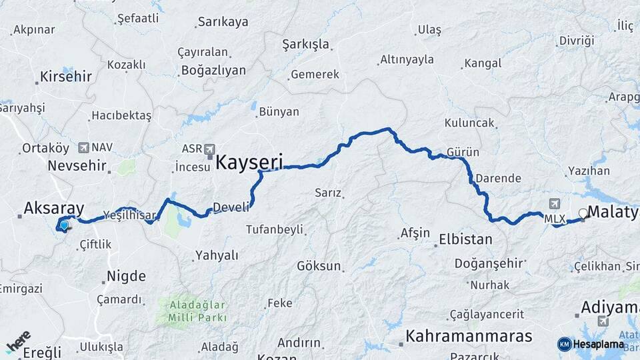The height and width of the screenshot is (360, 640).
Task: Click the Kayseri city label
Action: point(249,161)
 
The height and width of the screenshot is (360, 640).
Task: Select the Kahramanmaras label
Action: point(469,335)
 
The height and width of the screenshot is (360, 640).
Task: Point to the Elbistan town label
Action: point(465,239)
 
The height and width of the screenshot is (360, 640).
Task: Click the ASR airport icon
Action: point(210,149)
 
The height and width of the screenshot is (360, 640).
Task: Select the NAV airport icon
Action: point(83,147)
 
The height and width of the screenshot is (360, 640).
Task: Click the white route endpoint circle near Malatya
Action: point(584,213)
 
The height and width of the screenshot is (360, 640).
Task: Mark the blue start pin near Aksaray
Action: point(63,226)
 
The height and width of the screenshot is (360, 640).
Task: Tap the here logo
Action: point(18,343)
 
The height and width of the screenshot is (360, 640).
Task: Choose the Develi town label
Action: point(230,207)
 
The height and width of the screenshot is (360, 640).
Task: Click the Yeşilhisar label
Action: point(129,215)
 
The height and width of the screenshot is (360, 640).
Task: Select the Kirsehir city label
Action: point(65,76)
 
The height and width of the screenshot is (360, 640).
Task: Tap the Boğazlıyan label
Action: point(213,70)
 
